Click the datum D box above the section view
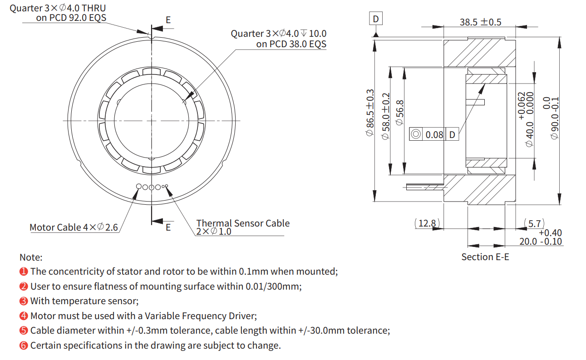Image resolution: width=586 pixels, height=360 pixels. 375,19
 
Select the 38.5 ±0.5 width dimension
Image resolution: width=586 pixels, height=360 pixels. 480,22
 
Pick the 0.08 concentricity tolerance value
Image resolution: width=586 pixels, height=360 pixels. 434,134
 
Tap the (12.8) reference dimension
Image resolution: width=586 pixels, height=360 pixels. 427,223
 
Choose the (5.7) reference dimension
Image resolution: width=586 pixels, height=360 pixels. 534,223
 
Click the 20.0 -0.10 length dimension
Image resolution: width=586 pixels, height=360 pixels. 541,241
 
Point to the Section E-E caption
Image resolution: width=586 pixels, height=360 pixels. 485,257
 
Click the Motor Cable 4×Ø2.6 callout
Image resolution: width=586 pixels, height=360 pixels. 74,227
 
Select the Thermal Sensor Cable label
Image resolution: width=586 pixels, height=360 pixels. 242,223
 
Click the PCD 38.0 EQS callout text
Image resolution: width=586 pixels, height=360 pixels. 291,44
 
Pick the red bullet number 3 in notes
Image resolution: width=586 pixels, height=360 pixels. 24,301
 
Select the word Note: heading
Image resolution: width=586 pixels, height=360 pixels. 31,257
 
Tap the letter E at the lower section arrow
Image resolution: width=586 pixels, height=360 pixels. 168,227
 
